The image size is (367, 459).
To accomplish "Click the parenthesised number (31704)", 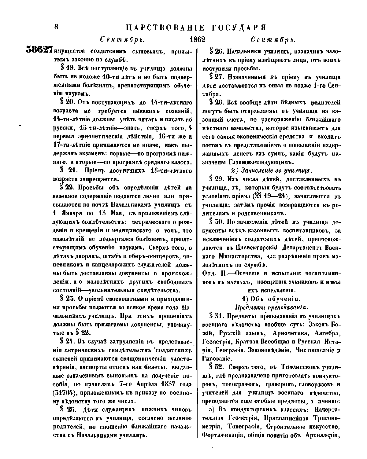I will [x=63, y=392].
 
